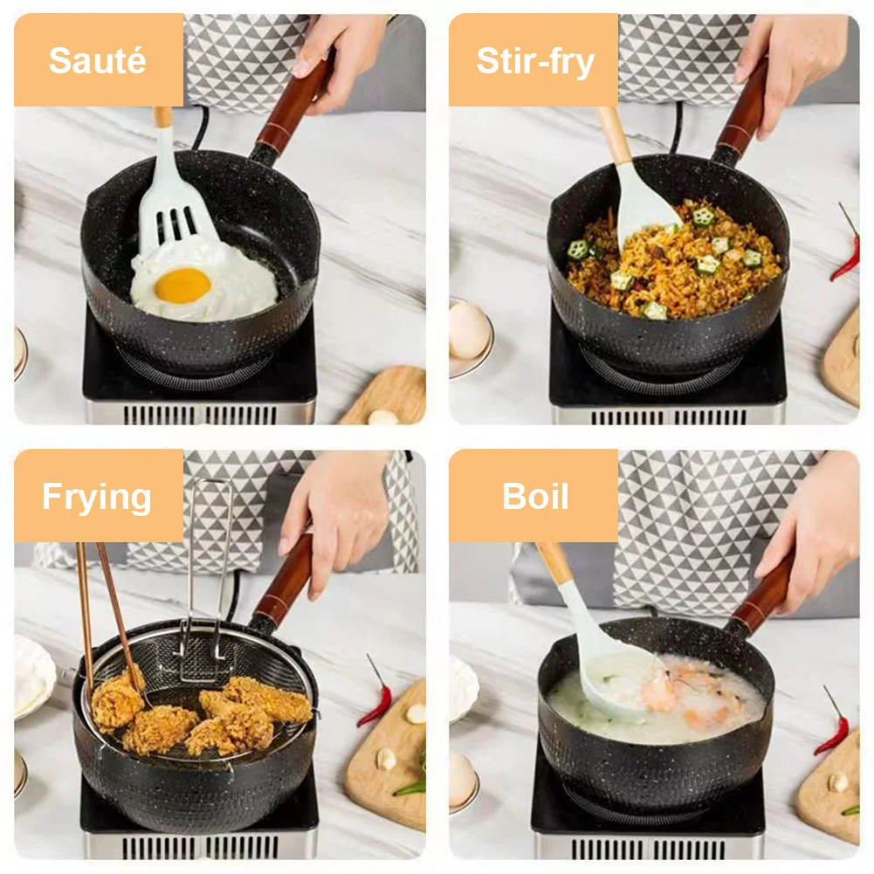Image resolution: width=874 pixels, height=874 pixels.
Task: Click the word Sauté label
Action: pos(97,60)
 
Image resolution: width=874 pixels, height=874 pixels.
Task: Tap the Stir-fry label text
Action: pos(534,60)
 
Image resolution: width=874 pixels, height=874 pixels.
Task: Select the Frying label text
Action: pos(97,497)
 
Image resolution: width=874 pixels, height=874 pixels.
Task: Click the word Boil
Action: pos(534,497)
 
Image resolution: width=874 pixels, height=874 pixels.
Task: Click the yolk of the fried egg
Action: pos(182,285)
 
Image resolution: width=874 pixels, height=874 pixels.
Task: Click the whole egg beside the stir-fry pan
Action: pos(469,332)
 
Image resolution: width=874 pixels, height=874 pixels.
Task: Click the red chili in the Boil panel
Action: pos(833,725)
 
